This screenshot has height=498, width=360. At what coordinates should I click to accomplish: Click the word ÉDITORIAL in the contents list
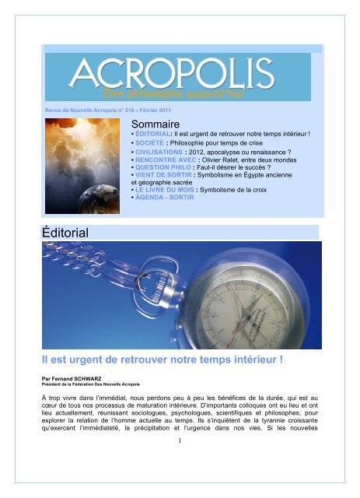158,137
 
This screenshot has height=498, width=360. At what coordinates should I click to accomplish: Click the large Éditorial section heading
68,232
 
